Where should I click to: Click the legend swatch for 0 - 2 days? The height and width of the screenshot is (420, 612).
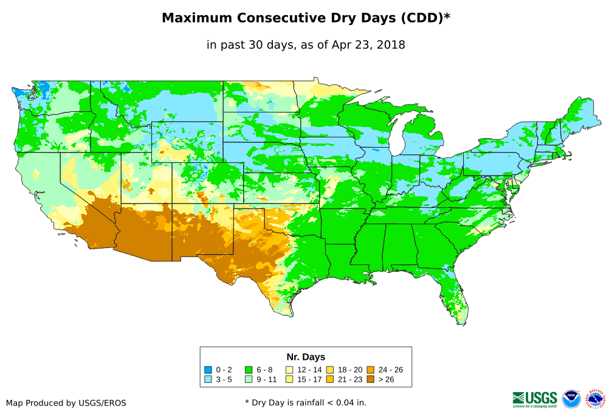(208, 370)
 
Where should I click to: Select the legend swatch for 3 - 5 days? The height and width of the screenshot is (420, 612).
(208, 379)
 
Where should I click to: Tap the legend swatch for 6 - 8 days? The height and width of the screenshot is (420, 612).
(249, 370)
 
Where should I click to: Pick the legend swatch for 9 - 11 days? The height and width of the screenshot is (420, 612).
(249, 379)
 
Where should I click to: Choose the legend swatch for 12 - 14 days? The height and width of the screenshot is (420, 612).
(289, 370)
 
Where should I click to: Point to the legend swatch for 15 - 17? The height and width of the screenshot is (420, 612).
(289, 379)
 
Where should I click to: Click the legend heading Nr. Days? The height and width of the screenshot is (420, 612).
(306, 357)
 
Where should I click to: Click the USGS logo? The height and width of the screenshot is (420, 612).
(535, 399)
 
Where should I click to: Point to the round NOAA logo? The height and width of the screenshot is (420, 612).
(571, 399)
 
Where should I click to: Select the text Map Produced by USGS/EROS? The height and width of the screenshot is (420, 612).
(66, 403)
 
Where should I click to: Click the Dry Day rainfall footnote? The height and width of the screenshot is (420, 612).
(306, 402)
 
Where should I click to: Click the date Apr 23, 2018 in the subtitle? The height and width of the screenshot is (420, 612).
(368, 45)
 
